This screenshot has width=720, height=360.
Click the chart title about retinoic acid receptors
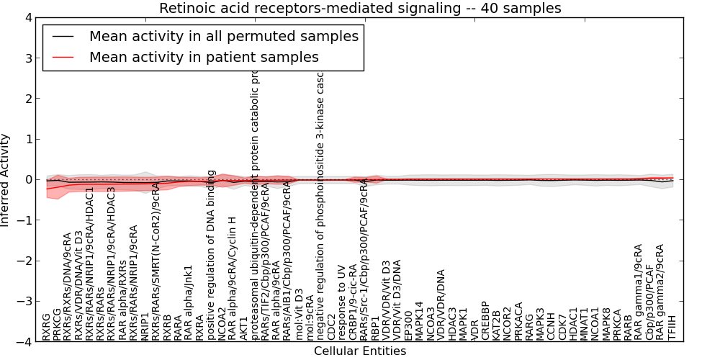[x=360, y=8]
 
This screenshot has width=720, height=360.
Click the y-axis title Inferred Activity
[x=6, y=180]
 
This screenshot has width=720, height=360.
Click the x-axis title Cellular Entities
[x=360, y=351]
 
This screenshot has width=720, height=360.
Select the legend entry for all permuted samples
[x=223, y=36]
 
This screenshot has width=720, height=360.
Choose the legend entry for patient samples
[x=204, y=57]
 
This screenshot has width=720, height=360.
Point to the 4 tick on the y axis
[x=27, y=18]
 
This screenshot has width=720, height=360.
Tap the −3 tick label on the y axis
[x=24, y=302]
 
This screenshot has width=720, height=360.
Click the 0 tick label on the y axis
[x=27, y=180]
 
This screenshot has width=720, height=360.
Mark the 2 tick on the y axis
[x=27, y=99]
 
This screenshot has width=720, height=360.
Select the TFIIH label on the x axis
[x=672, y=327]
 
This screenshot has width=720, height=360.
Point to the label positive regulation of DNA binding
[x=212, y=255]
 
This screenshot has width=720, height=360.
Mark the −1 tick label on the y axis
[x=24, y=220]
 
